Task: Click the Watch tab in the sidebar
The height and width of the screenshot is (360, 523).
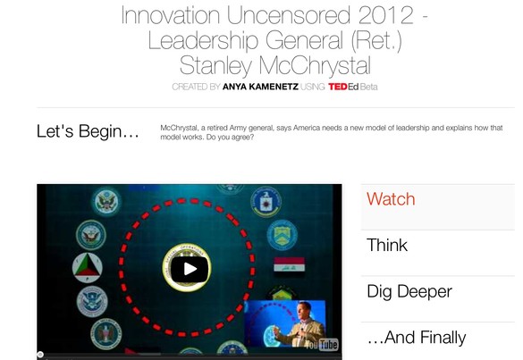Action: (391, 199)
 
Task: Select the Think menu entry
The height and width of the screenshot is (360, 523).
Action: (387, 246)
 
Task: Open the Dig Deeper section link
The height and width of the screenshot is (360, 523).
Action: (409, 292)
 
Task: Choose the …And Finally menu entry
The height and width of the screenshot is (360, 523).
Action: (417, 338)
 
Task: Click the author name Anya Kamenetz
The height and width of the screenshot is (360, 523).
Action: (260, 87)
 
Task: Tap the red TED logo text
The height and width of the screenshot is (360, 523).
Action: (338, 87)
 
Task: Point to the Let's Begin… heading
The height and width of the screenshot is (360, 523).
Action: (88, 131)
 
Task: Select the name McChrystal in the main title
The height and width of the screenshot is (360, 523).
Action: (315, 65)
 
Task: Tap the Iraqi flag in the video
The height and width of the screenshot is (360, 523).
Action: (289, 264)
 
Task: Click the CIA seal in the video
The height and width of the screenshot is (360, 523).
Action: (266, 202)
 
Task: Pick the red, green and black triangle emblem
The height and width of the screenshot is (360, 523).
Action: (88, 268)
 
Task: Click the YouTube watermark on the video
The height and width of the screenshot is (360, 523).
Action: (322, 345)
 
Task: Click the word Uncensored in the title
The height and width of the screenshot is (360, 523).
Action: (289, 15)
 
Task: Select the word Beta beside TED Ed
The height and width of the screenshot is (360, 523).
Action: (369, 87)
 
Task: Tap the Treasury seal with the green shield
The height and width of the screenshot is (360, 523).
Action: (282, 235)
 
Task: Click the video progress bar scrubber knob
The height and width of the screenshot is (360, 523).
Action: (40, 355)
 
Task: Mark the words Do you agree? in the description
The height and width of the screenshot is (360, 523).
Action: (230, 137)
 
